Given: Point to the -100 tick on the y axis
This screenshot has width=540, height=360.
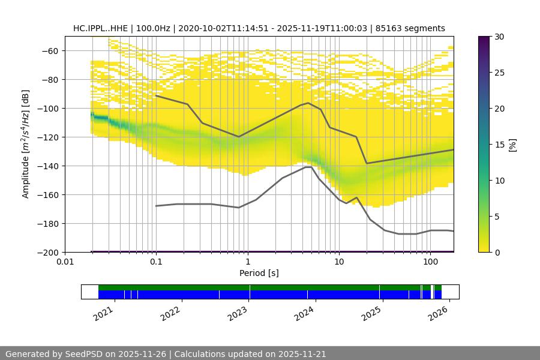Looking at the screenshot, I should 49,108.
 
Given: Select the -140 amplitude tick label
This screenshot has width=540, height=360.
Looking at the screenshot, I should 49,166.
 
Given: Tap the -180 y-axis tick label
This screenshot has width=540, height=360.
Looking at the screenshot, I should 49,223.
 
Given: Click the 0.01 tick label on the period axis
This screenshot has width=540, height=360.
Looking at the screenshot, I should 65,262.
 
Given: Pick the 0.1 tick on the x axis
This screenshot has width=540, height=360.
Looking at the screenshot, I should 156,262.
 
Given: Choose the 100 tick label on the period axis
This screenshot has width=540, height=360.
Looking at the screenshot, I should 430,262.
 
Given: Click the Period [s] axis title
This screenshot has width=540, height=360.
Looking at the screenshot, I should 259,273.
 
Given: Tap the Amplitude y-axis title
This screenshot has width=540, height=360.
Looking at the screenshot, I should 26,144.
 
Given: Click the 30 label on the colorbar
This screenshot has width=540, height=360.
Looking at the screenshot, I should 498,37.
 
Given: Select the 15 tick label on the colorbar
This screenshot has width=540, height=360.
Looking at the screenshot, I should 498,145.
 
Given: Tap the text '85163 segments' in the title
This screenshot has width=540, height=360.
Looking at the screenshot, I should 415,28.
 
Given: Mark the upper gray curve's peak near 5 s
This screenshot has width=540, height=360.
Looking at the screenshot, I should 308,103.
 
